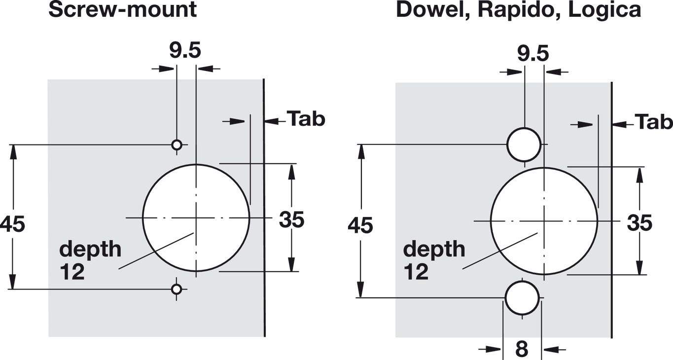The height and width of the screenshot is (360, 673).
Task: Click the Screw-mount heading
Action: pyautogui.click(x=122, y=9)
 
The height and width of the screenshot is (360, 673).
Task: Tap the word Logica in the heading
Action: pyautogui.click(x=605, y=9)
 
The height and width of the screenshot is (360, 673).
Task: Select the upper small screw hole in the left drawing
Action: pyautogui.click(x=177, y=144)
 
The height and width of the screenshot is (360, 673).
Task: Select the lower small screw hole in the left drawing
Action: pyautogui.click(x=177, y=289)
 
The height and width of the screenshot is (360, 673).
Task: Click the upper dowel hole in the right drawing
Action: pyautogui.click(x=524, y=144)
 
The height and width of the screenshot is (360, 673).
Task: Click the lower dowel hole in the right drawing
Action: pyautogui.click(x=522, y=297)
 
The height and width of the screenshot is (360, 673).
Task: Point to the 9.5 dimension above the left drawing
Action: pyautogui.click(x=185, y=51)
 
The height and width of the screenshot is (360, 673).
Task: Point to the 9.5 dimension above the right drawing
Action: pyautogui.click(x=533, y=53)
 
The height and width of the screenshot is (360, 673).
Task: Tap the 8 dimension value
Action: pyautogui.click(x=522, y=349)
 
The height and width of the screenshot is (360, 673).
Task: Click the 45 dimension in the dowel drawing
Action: pyautogui.click(x=360, y=226)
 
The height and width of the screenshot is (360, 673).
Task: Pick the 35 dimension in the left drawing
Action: pyautogui.click(x=291, y=220)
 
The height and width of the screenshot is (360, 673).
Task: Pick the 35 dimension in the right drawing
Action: pyautogui.click(x=639, y=223)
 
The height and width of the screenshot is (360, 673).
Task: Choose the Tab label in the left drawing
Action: pyautogui.click(x=306, y=119)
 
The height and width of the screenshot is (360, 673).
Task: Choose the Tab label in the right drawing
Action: pyautogui.click(x=654, y=122)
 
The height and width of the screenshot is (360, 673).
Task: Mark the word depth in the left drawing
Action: pyautogui.click(x=90, y=250)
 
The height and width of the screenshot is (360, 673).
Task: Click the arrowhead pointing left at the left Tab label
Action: pyautogui.click(x=271, y=121)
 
